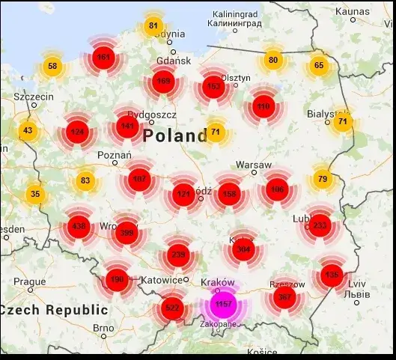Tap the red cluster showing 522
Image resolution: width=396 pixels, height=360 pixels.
tap(172, 308)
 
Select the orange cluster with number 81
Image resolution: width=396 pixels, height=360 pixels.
tap(153, 26)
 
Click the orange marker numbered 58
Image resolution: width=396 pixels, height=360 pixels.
tap(52, 66)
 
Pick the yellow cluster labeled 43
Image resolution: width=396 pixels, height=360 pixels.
tap(28, 131)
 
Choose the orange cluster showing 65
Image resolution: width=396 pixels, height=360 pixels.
tap(319, 66)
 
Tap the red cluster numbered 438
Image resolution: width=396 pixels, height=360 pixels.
tap(79, 225)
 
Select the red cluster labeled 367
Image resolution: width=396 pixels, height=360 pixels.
tap(284, 297)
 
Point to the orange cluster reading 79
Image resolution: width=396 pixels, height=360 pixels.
tap(322, 179)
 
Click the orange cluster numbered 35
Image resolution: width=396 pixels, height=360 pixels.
tap(34, 195)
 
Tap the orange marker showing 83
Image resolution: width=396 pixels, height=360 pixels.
tap(85, 180)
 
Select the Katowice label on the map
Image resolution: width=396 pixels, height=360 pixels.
tap(162, 280)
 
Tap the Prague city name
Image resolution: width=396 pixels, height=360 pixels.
tap(30, 282)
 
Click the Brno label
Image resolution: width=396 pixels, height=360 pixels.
tap(103, 327)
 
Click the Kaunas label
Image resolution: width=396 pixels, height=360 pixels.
tap(353, 11)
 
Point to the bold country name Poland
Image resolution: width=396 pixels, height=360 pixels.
tap(174, 135)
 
